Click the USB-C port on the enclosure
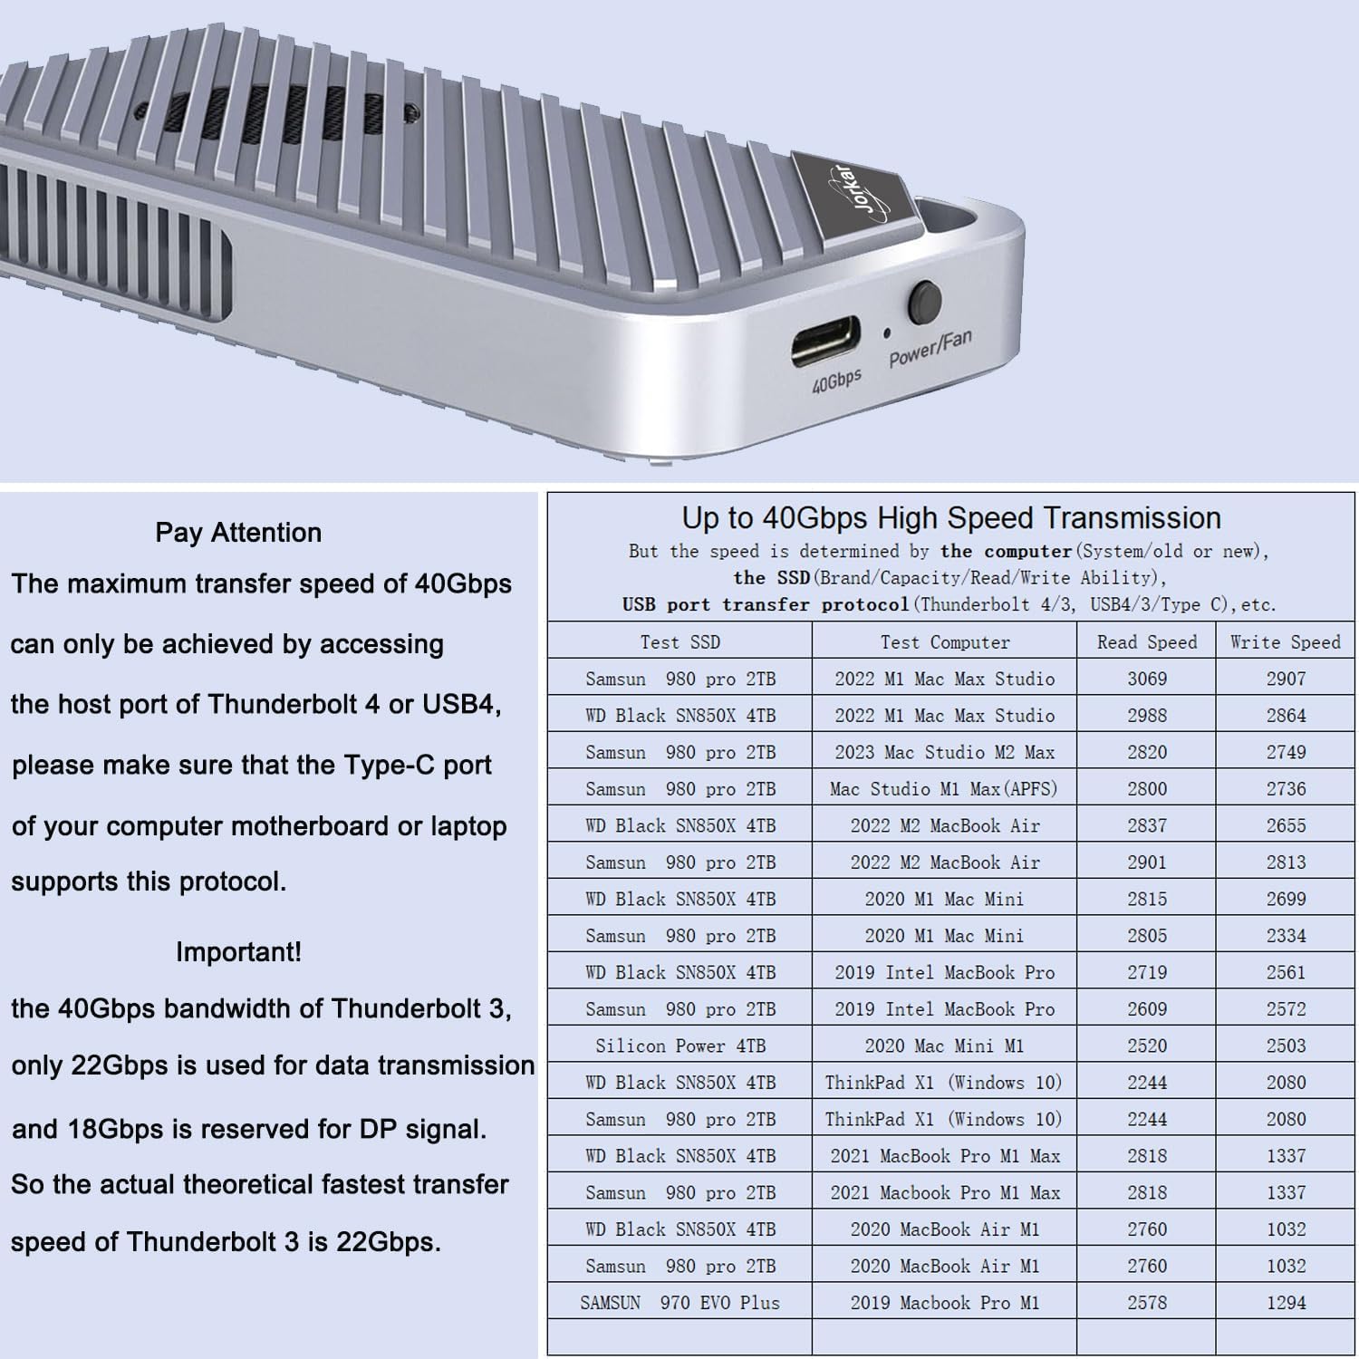[x=825, y=342]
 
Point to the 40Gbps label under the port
[x=835, y=381]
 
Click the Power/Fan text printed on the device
[x=930, y=348]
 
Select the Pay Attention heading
[x=238, y=532]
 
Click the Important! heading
[x=238, y=951]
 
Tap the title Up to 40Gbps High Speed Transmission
[x=951, y=517]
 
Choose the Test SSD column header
[x=679, y=642]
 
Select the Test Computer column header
[x=944, y=642]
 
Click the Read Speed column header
[x=1146, y=642]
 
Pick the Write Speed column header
[x=1285, y=642]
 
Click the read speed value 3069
[x=1146, y=679]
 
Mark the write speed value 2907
[x=1286, y=679]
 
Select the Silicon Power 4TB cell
[x=679, y=1046]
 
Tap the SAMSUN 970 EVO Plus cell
[x=679, y=1303]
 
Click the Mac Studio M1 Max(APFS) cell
[x=944, y=788]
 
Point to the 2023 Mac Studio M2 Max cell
[x=944, y=752]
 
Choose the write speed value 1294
[x=1286, y=1303]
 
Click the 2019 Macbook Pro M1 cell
[x=944, y=1303]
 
